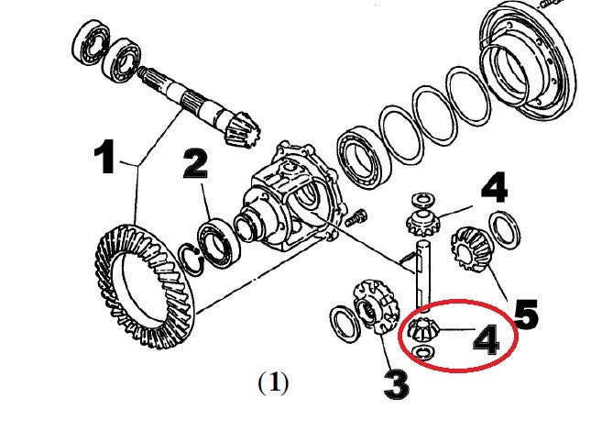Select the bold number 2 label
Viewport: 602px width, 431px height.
click(x=195, y=165)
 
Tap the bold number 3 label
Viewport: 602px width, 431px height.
click(x=395, y=383)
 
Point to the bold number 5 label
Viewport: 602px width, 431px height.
click(x=525, y=312)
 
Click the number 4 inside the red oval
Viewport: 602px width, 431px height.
click(x=486, y=340)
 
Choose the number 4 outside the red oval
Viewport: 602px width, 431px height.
click(x=493, y=190)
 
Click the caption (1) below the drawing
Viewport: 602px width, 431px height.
click(x=273, y=381)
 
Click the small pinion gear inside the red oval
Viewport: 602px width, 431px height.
click(x=425, y=327)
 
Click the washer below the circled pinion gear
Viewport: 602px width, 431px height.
click(x=425, y=353)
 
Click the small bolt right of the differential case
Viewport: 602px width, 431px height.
click(x=357, y=217)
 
